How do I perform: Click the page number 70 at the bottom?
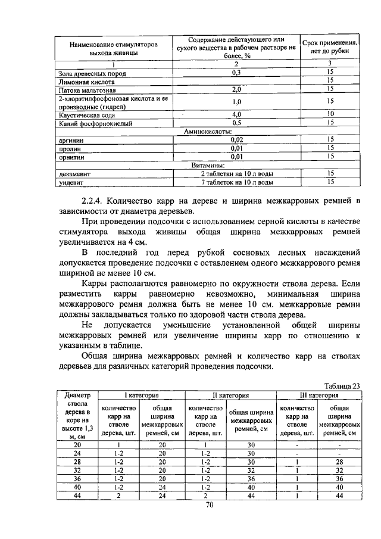point(209,505)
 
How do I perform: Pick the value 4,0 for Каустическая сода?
point(236,114)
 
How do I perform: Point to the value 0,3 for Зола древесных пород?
point(236,73)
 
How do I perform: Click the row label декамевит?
point(74,174)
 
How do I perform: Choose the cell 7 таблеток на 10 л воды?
point(236,182)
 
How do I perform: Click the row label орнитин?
point(71,157)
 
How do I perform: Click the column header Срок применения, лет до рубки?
point(330,48)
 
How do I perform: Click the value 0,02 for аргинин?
point(236,139)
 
